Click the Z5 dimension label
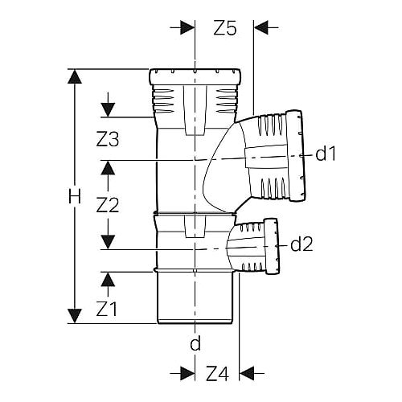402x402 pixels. click(225, 28)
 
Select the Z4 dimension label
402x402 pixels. click(217, 374)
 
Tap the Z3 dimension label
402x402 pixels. click(108, 139)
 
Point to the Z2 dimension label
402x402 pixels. click(108, 205)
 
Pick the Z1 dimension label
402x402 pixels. click(107, 309)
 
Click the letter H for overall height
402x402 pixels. click(75, 196)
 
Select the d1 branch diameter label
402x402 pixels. click(326, 154)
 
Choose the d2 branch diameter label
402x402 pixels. click(301, 244)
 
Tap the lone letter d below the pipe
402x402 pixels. click(195, 343)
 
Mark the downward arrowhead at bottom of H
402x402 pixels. click(75, 316)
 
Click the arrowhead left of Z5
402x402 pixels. click(187, 27)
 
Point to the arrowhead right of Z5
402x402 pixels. click(260, 27)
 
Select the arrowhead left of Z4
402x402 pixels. click(187, 373)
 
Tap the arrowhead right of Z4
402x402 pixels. click(247, 373)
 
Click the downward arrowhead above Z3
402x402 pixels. click(108, 110)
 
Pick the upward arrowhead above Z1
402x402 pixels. click(108, 280)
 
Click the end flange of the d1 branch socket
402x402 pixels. click(295, 155)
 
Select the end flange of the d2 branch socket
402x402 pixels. click(272, 246)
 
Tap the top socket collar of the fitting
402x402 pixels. click(195, 77)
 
